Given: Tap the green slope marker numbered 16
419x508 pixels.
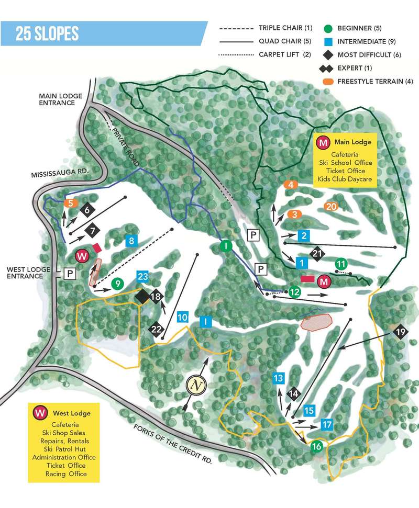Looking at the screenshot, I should (x=316, y=446).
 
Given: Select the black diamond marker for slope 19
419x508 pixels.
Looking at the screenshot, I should (x=401, y=332).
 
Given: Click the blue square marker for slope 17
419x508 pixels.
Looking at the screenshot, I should (x=327, y=424).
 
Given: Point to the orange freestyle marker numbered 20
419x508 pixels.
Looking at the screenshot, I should (x=330, y=206).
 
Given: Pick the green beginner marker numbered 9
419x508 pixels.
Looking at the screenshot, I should (x=118, y=284).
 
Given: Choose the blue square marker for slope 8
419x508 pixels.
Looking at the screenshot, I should (x=131, y=241).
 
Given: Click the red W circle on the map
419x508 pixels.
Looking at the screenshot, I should (x=82, y=256).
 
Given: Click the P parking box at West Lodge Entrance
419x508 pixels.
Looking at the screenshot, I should (x=70, y=273).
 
